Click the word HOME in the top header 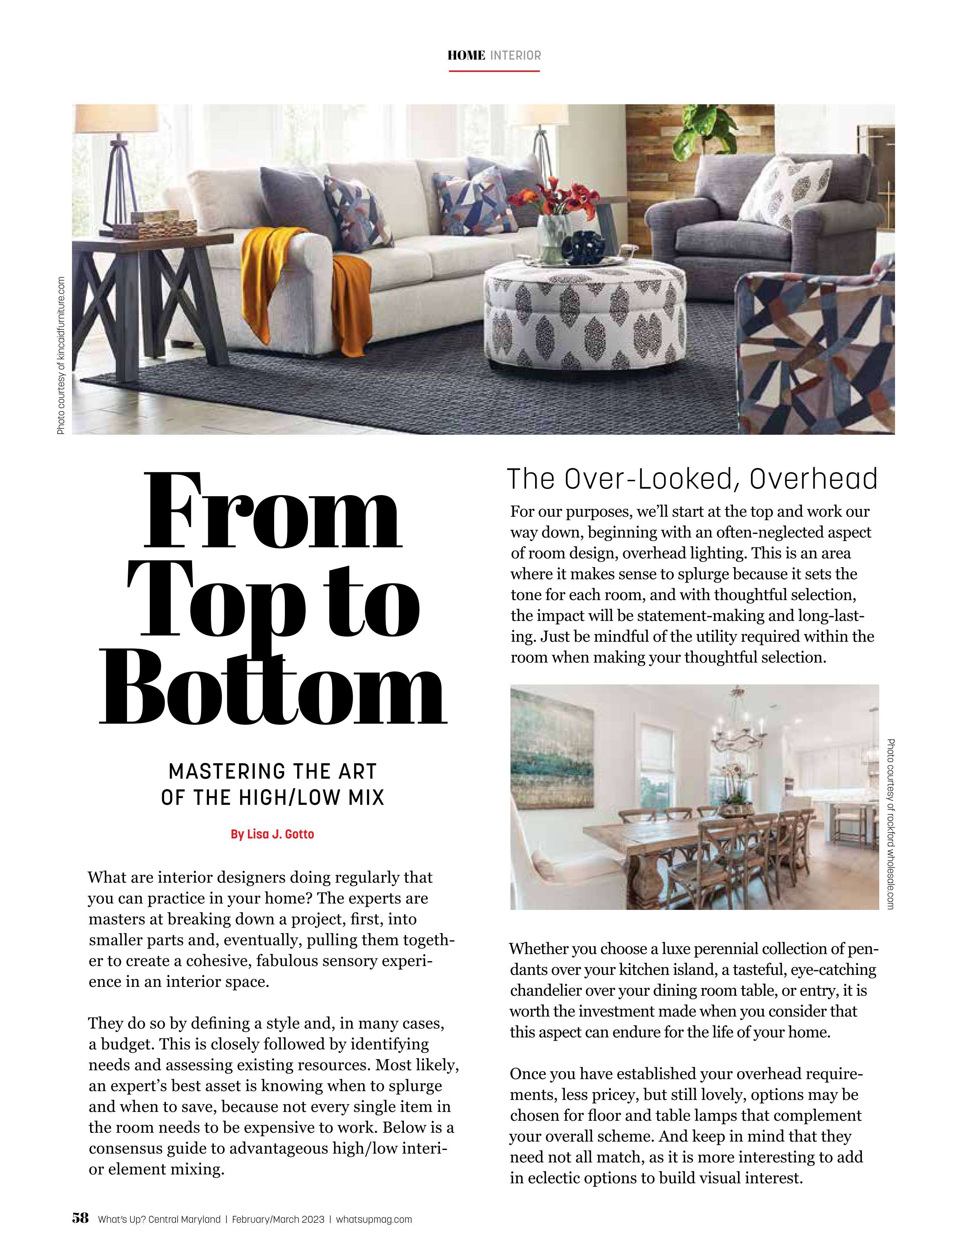(466, 56)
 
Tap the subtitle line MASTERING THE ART (273, 771)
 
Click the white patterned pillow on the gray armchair (785, 192)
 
